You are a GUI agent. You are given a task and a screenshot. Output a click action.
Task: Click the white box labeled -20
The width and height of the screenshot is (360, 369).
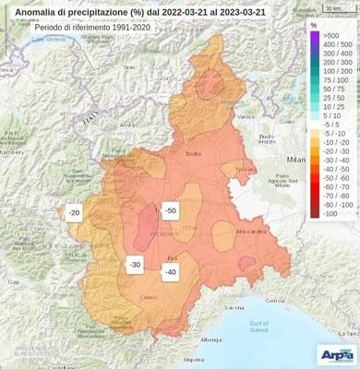[x=76, y=212]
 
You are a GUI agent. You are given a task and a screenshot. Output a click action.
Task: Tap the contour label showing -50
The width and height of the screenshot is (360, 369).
[x=170, y=211]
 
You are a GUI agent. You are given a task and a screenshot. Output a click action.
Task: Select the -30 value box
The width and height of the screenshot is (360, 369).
[x=135, y=265]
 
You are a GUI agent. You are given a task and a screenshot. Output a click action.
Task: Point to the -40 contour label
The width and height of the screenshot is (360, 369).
[x=170, y=271]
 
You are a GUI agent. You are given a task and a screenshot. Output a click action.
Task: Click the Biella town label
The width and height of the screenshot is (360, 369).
[x=194, y=154]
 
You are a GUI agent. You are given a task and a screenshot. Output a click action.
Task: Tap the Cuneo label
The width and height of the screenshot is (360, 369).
[x=150, y=296]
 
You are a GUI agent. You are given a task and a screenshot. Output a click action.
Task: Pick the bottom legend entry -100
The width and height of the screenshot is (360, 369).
[x=330, y=213]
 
